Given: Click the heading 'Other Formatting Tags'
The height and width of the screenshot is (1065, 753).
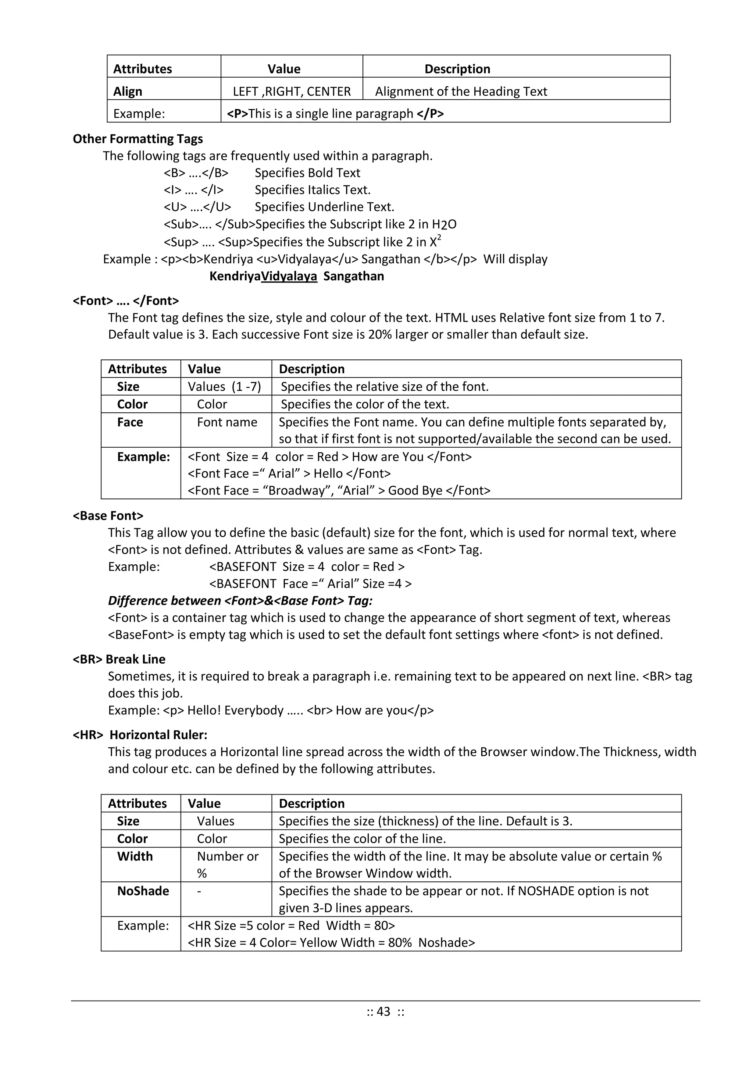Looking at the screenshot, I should (x=138, y=139).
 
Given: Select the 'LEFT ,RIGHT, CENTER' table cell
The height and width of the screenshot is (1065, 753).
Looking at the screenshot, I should (x=292, y=91).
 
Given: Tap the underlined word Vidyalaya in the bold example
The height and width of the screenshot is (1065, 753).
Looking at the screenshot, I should (x=289, y=276).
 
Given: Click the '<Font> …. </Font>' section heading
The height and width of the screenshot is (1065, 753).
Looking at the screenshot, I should (x=126, y=301).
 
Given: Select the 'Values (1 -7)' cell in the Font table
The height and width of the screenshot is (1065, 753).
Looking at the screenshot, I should (x=224, y=386).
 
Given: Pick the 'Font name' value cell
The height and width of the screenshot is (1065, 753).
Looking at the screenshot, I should (x=227, y=422).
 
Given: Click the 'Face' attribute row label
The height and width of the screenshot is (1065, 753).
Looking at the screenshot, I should (x=130, y=422).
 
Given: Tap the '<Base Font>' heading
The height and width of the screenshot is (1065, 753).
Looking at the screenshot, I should (x=108, y=516).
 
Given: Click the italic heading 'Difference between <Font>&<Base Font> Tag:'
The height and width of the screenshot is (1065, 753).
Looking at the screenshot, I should (x=240, y=601).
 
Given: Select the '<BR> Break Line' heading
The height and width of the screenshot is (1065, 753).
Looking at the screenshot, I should (x=119, y=659).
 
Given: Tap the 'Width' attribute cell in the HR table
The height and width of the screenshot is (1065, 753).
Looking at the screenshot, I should (x=135, y=856).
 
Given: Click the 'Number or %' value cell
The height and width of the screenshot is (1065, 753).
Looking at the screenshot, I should (x=227, y=864).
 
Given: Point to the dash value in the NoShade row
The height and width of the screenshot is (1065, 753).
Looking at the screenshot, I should (x=199, y=891).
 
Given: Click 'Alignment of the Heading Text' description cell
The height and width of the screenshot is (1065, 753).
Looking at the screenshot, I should (x=461, y=91).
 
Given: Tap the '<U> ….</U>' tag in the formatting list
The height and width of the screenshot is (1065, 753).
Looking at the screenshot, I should (x=197, y=207).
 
